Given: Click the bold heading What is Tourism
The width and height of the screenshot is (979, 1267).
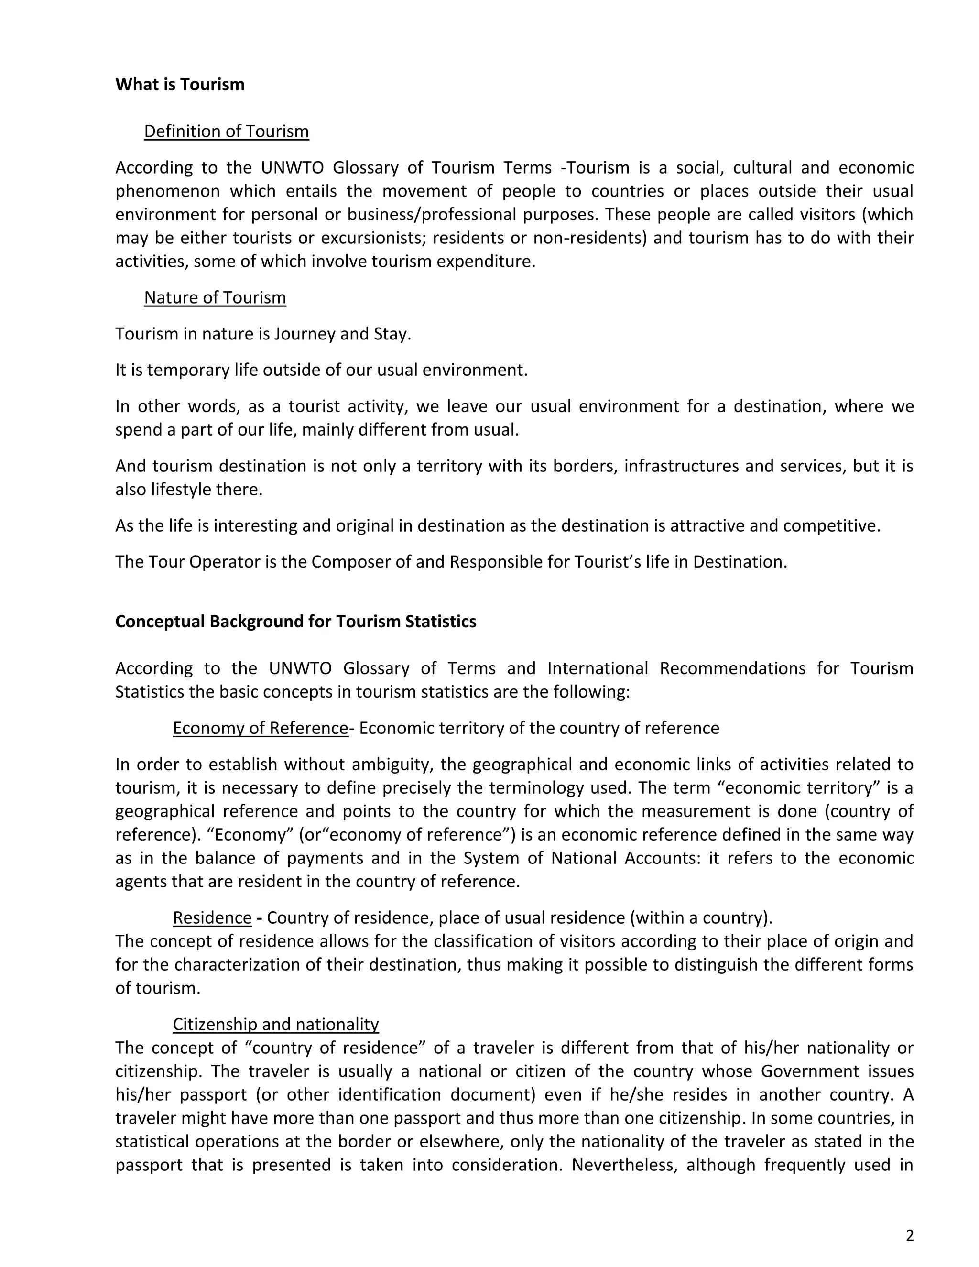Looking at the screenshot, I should tap(180, 85).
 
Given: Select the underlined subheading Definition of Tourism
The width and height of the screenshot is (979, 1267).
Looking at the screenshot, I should tap(226, 131).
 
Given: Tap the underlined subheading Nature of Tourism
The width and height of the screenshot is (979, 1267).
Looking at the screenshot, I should tap(215, 297).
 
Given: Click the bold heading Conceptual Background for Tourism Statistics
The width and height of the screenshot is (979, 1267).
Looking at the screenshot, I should tap(296, 622).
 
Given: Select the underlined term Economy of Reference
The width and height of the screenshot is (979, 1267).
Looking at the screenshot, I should tap(260, 728).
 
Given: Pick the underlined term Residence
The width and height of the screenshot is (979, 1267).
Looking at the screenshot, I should tap(212, 918).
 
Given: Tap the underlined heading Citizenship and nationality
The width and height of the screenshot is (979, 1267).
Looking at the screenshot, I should tap(275, 1024).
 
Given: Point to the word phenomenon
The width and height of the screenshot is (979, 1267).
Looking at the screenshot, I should tap(167, 191).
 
